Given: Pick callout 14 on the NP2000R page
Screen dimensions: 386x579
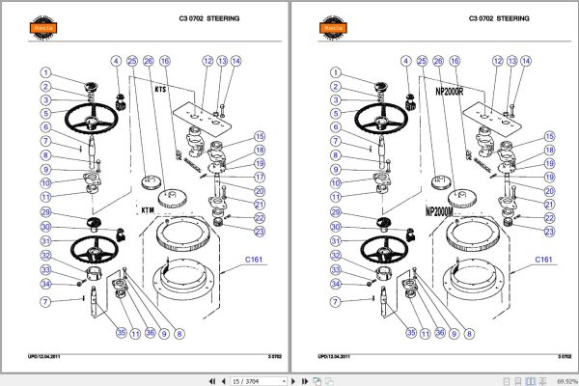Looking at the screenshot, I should [526, 61].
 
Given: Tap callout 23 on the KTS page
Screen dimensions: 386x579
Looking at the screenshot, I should [260, 232].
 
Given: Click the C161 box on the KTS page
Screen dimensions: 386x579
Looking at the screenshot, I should [255, 260].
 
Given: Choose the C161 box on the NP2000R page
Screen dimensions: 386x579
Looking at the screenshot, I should [544, 260].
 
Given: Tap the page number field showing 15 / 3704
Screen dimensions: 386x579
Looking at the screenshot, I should [250, 380].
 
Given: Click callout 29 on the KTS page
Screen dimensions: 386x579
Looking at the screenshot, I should [44, 211].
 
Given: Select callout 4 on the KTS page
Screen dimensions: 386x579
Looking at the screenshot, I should [116, 61].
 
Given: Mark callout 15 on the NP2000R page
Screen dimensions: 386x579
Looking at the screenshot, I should [549, 136].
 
